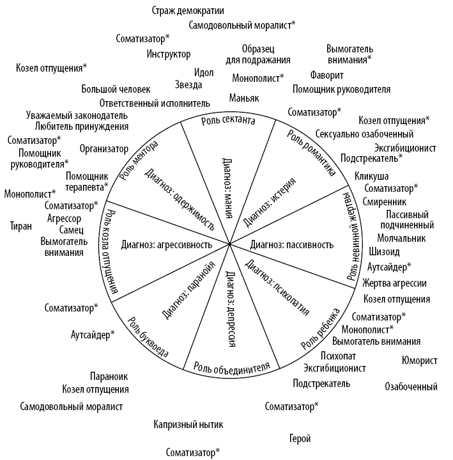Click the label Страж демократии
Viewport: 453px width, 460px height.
pyautogui.click(x=192, y=10)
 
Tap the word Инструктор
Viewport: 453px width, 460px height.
pyautogui.click(x=169, y=54)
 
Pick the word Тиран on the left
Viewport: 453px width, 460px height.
pyautogui.click(x=21, y=225)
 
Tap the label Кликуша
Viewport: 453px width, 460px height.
pyautogui.click(x=371, y=176)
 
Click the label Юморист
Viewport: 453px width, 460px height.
pyautogui.click(x=420, y=360)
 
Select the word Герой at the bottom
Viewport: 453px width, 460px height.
pyautogui.click(x=300, y=439)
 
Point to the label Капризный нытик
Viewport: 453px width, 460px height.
pyautogui.click(x=188, y=424)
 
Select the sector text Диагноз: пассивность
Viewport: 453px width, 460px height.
pyautogui.click(x=292, y=244)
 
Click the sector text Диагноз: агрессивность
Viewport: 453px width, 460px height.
pyautogui.click(x=166, y=244)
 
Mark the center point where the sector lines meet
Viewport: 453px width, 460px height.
pyautogui.click(x=229, y=244)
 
